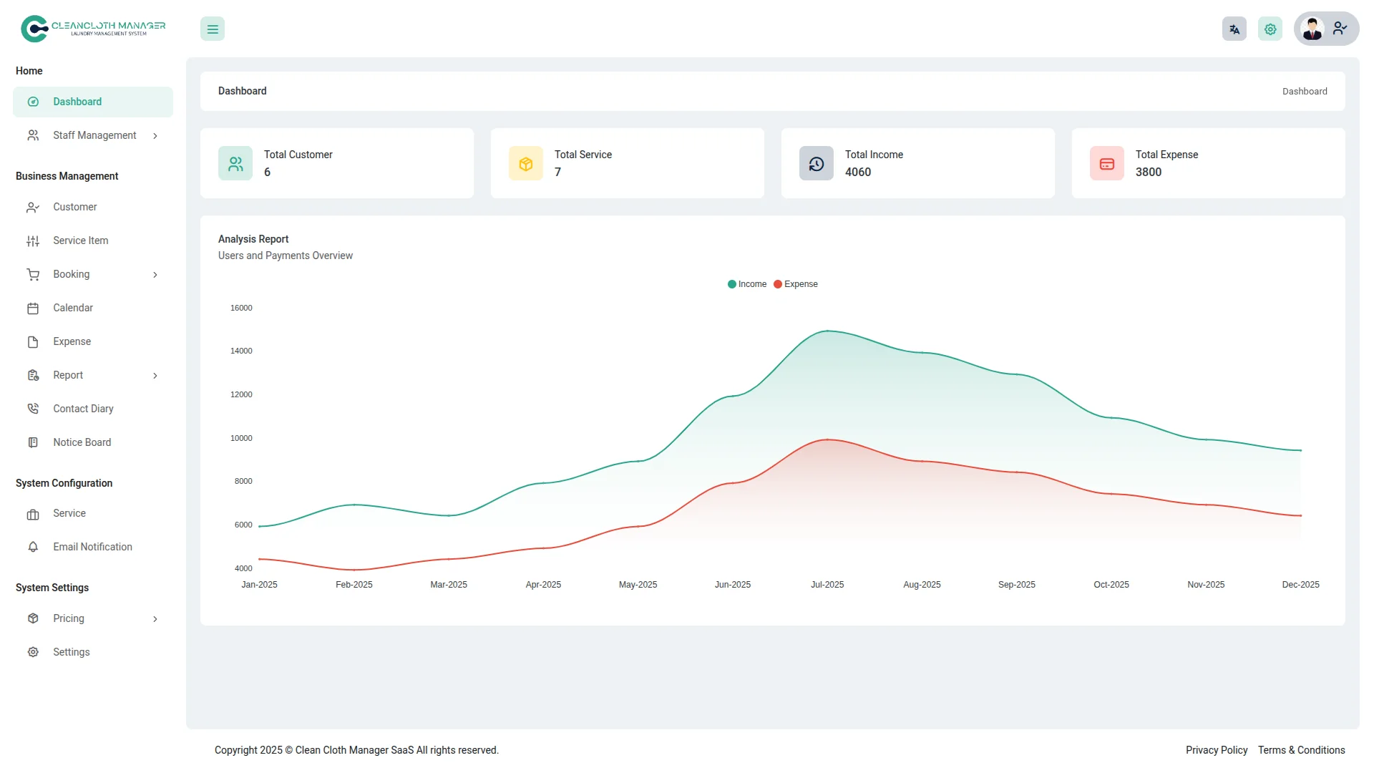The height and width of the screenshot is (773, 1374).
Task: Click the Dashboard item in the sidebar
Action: pos(77,102)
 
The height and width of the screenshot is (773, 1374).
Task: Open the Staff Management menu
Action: pos(94,135)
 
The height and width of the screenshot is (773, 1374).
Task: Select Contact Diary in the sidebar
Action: pos(83,409)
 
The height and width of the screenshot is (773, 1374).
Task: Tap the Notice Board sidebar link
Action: pos(82,442)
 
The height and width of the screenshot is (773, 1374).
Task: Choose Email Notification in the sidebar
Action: pos(92,547)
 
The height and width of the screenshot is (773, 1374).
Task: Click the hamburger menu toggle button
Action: pos(213,29)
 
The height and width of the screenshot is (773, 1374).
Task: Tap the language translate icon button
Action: pos(1234,29)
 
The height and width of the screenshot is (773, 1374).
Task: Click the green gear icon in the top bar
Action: pos(1270,29)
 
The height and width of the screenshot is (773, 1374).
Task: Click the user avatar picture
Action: pos(1312,29)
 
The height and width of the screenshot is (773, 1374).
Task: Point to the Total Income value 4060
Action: pos(858,172)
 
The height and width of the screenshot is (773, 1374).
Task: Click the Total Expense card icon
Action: pos(1107,164)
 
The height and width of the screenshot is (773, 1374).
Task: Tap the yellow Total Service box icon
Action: pos(526,164)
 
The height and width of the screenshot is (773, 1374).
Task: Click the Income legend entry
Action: pos(747,284)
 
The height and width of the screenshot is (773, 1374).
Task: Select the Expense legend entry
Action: pos(796,284)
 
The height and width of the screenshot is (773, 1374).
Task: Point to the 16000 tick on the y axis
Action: pos(241,308)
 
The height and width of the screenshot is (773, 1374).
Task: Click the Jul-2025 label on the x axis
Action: pos(827,585)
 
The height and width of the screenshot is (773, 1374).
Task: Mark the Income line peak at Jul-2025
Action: pos(827,331)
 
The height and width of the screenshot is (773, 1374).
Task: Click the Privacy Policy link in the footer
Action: pos(1217,750)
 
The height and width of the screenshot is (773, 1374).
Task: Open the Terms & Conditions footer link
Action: pos(1302,750)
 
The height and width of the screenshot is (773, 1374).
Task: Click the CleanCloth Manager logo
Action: pos(93,29)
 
